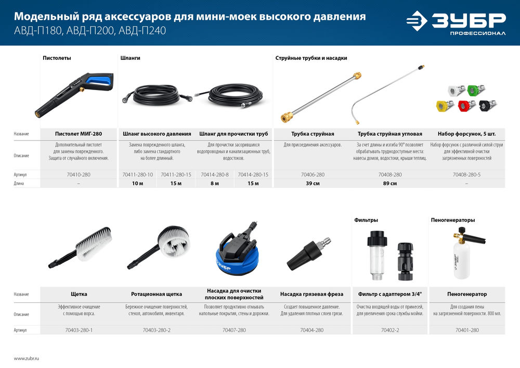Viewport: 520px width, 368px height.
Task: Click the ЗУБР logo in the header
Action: [456, 23]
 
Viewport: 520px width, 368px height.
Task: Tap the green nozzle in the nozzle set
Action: [473, 90]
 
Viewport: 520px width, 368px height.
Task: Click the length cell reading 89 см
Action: [379, 184]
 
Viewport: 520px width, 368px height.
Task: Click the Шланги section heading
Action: [129, 58]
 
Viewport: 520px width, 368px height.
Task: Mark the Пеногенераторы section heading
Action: [452, 220]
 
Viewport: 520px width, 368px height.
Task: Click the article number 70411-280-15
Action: [176, 174]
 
